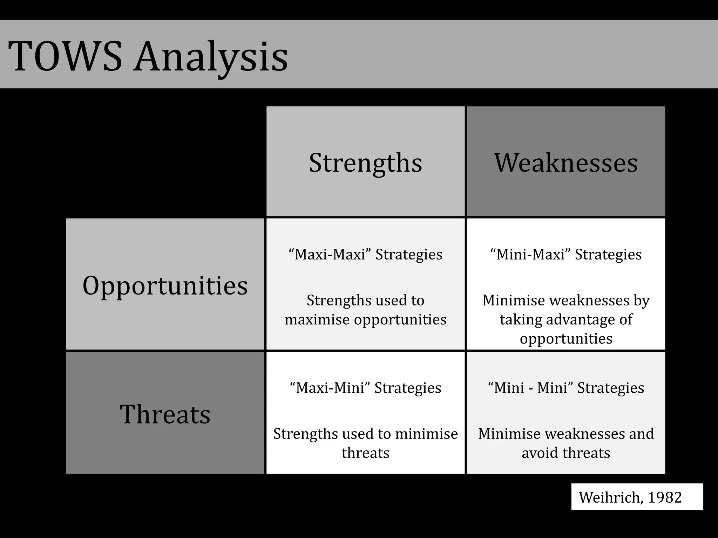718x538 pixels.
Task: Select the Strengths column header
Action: point(365,163)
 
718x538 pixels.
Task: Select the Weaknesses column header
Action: point(566,163)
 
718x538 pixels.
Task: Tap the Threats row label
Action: point(165,414)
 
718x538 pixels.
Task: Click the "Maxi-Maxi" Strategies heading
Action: point(365,254)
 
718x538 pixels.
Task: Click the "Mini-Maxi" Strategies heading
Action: point(566,254)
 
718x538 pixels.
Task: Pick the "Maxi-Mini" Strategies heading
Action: point(365,388)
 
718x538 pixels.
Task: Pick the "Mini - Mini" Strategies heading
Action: point(566,388)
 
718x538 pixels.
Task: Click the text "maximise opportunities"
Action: point(365,319)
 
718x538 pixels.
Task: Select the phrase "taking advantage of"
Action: point(566,319)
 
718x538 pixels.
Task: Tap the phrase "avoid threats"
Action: point(566,453)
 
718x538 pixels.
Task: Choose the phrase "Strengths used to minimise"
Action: point(365,434)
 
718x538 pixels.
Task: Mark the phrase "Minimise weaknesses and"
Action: point(566,434)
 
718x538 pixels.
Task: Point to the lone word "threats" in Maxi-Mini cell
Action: point(365,453)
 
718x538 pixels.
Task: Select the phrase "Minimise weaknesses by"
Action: point(566,301)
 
